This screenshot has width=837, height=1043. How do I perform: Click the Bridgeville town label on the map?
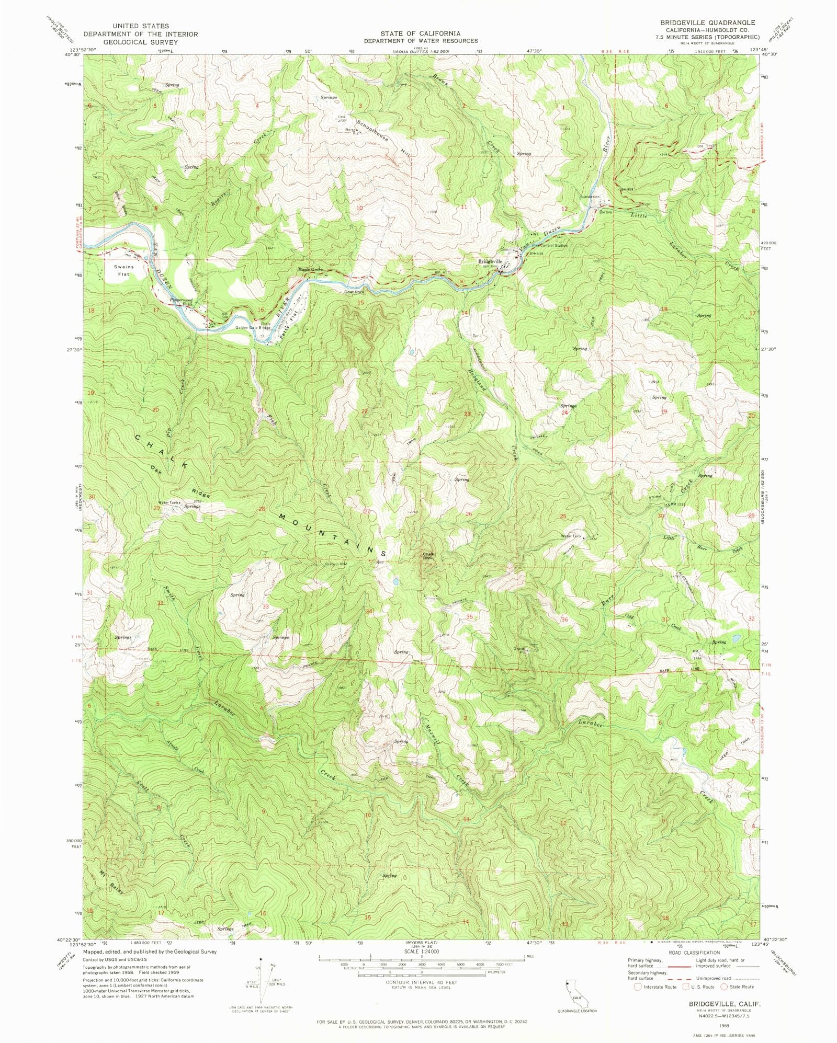pos(490,261)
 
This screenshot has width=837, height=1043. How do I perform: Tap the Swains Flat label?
pos(124,270)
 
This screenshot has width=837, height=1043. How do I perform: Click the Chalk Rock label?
pos(428,556)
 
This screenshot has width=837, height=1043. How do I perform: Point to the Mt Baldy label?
pos(111,882)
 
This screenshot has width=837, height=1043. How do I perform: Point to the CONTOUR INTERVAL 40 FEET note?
pos(422,982)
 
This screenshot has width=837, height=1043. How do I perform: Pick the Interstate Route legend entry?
pos(655,987)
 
